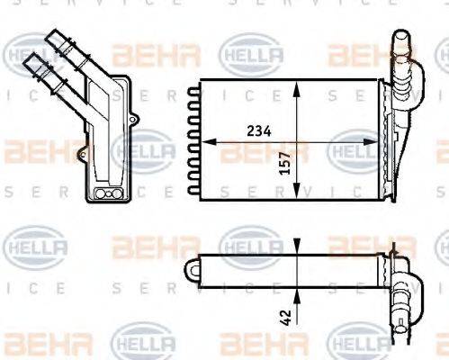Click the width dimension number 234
(x=259, y=130)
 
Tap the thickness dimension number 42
(x=286, y=317)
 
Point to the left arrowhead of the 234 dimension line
(x=202, y=140)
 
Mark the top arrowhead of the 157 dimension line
(x=296, y=84)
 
